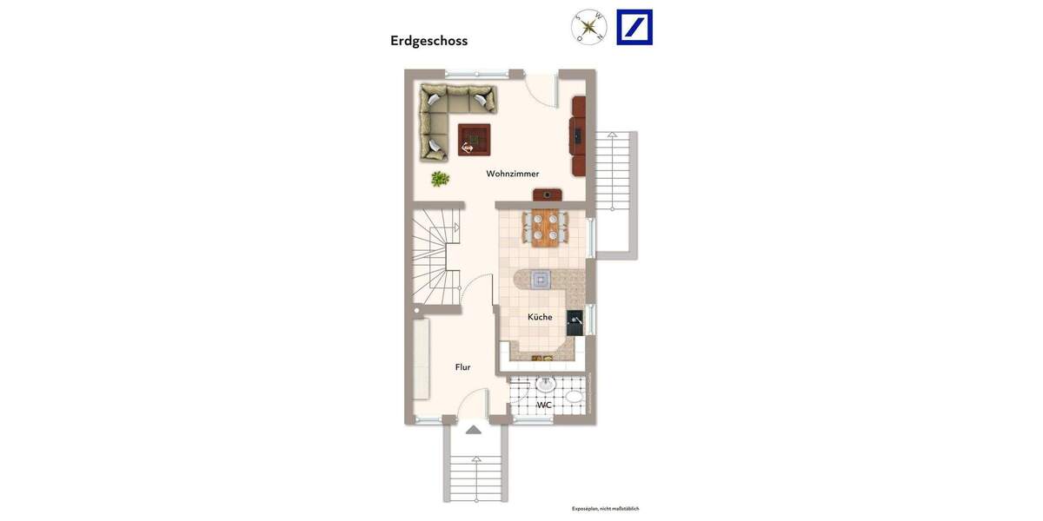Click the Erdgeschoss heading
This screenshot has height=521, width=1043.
[x=428, y=41]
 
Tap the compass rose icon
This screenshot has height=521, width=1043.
[x=588, y=27]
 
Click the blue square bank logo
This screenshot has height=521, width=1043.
[x=634, y=27]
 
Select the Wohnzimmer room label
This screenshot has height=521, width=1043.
[x=512, y=174]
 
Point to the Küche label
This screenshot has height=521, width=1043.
[x=540, y=317]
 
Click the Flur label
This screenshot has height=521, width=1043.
[x=462, y=367]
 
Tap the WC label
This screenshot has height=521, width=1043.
[x=544, y=406]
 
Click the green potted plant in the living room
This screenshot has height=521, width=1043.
[x=441, y=179]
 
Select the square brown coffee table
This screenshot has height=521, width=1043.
[x=474, y=139]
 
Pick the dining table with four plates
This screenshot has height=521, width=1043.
[x=545, y=228]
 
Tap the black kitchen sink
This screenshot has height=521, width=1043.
[x=575, y=323]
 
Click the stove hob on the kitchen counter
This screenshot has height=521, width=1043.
[x=541, y=279]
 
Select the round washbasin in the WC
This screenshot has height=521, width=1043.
[x=545, y=385]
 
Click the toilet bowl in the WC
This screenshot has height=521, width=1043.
[x=574, y=398]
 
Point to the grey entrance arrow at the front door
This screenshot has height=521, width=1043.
[x=473, y=430]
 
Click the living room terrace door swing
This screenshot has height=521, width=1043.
[x=543, y=89]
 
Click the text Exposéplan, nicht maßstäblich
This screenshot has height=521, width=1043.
[x=605, y=509]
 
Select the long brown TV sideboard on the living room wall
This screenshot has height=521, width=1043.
[x=578, y=135]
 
